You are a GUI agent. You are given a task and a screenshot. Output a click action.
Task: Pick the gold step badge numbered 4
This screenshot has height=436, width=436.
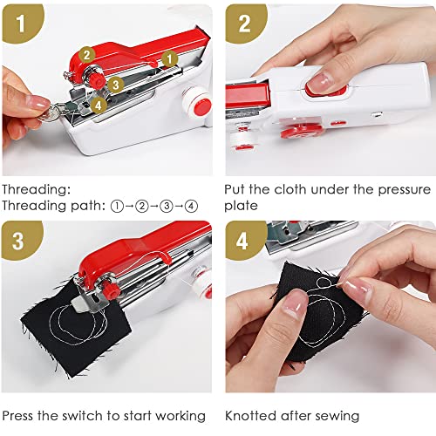(244, 241)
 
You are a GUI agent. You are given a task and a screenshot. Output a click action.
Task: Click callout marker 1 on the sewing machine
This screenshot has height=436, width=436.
(169, 58)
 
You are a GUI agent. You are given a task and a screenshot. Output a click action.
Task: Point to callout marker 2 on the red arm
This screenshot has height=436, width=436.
(86, 55)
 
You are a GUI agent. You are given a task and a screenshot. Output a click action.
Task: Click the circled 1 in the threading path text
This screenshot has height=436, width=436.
(118, 207)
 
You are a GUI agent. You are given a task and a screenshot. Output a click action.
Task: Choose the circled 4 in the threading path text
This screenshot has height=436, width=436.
(191, 207)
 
